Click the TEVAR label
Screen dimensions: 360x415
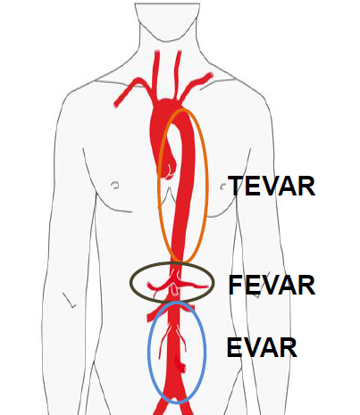point(272,186)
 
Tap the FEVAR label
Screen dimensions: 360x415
point(272,285)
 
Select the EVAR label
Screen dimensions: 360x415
point(262,347)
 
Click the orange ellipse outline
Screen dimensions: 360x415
point(206,185)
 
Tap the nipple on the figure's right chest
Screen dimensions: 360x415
point(115,185)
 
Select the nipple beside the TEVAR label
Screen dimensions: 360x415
point(222,187)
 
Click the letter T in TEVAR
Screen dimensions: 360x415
point(236,186)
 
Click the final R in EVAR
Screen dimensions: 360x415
point(289,347)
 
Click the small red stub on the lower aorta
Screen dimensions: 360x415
point(180,364)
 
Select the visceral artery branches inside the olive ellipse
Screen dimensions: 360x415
point(176,285)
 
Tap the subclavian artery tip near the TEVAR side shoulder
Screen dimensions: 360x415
point(209,76)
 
